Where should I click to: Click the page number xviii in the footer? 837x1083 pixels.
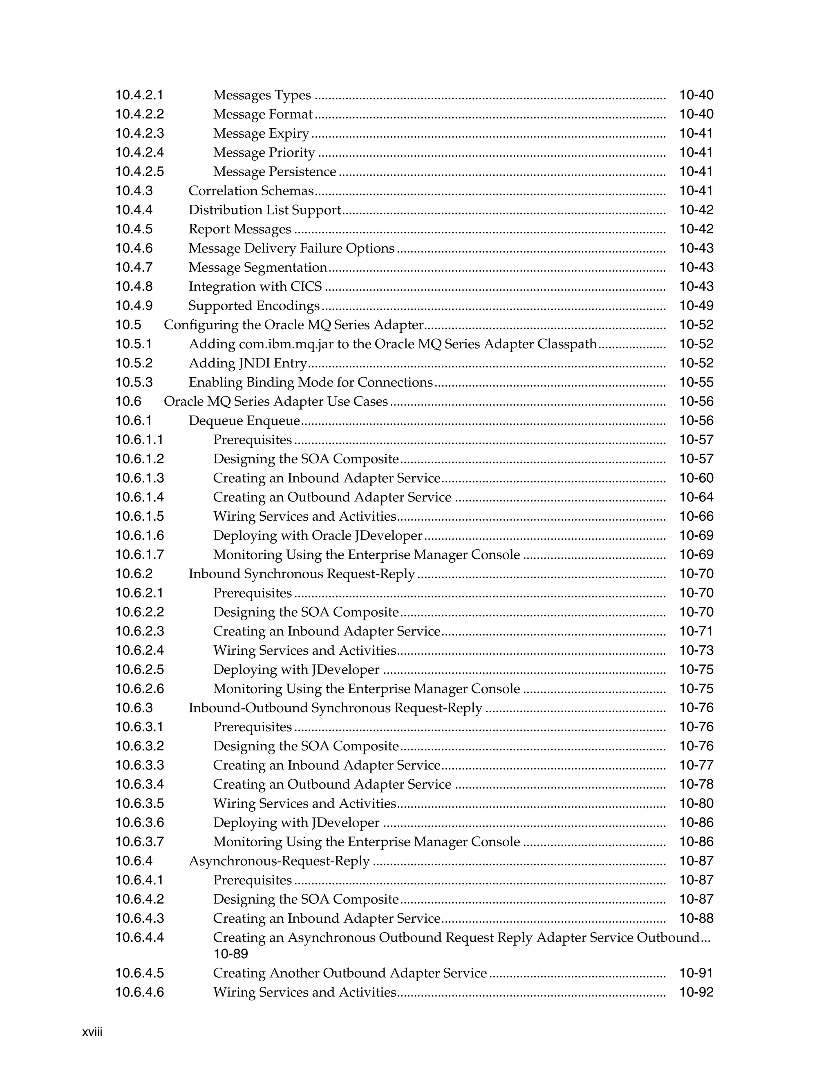coord(92,1032)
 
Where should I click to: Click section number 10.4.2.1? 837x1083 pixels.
coord(139,95)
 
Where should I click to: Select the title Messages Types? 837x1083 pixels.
coord(262,95)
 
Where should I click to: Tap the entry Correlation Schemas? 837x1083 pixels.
coord(251,191)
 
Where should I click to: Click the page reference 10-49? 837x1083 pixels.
coord(696,306)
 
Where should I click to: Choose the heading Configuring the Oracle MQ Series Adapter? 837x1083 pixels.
coord(293,325)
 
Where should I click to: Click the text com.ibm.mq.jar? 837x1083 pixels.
coord(286,344)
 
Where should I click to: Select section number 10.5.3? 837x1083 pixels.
coord(134,383)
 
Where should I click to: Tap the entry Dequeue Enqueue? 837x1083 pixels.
coord(244,421)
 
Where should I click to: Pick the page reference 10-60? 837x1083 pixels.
coord(696,478)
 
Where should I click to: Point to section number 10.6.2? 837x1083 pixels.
coord(134,574)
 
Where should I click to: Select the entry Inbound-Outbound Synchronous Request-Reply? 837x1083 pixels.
coord(335,708)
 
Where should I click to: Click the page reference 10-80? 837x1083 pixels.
coord(696,803)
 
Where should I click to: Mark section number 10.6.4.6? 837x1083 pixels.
coord(139,992)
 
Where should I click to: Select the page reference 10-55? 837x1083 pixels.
coord(696,383)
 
